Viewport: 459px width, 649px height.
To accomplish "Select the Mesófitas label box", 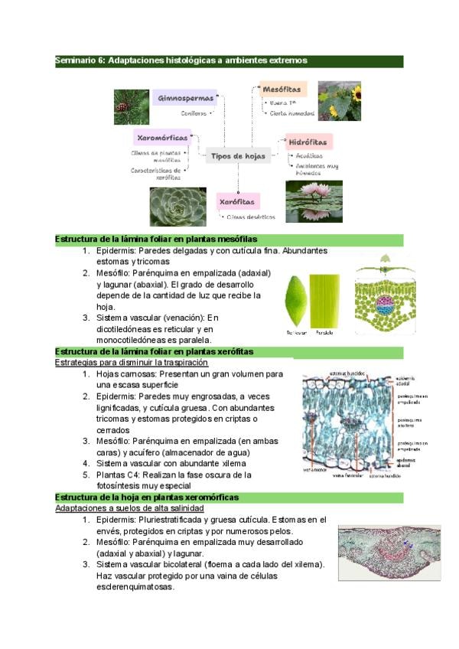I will pyautogui.click(x=283, y=90).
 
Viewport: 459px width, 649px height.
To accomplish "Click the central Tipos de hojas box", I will pyautogui.click(x=239, y=156).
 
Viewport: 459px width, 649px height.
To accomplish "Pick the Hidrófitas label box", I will pyautogui.click(x=308, y=142).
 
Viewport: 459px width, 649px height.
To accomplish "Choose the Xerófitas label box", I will pyautogui.click(x=238, y=201).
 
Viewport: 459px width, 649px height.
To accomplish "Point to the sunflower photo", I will pyautogui.click(x=339, y=101).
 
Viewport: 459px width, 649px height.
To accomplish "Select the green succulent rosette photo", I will pyautogui.click(x=177, y=207).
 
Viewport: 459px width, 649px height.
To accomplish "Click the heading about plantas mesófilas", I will pyautogui.click(x=156, y=240).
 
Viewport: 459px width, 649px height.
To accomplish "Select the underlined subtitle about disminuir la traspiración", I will pyautogui.click(x=132, y=361).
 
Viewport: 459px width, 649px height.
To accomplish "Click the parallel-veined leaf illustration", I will pyautogui.click(x=324, y=299).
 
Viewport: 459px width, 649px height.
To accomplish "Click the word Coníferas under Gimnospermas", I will pyautogui.click(x=194, y=113).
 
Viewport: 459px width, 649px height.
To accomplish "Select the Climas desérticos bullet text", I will pyautogui.click(x=249, y=217).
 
